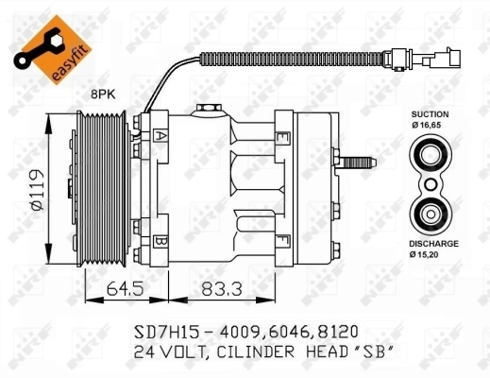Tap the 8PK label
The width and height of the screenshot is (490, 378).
pos(103,94)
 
